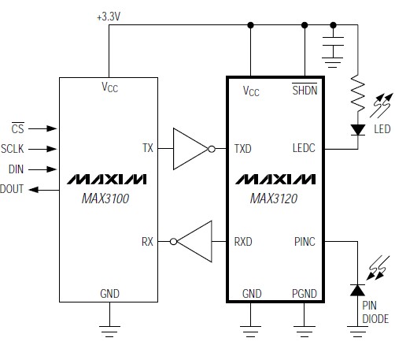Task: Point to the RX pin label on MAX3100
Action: point(147,241)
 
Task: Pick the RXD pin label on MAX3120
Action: point(244,241)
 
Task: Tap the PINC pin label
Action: point(304,241)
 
